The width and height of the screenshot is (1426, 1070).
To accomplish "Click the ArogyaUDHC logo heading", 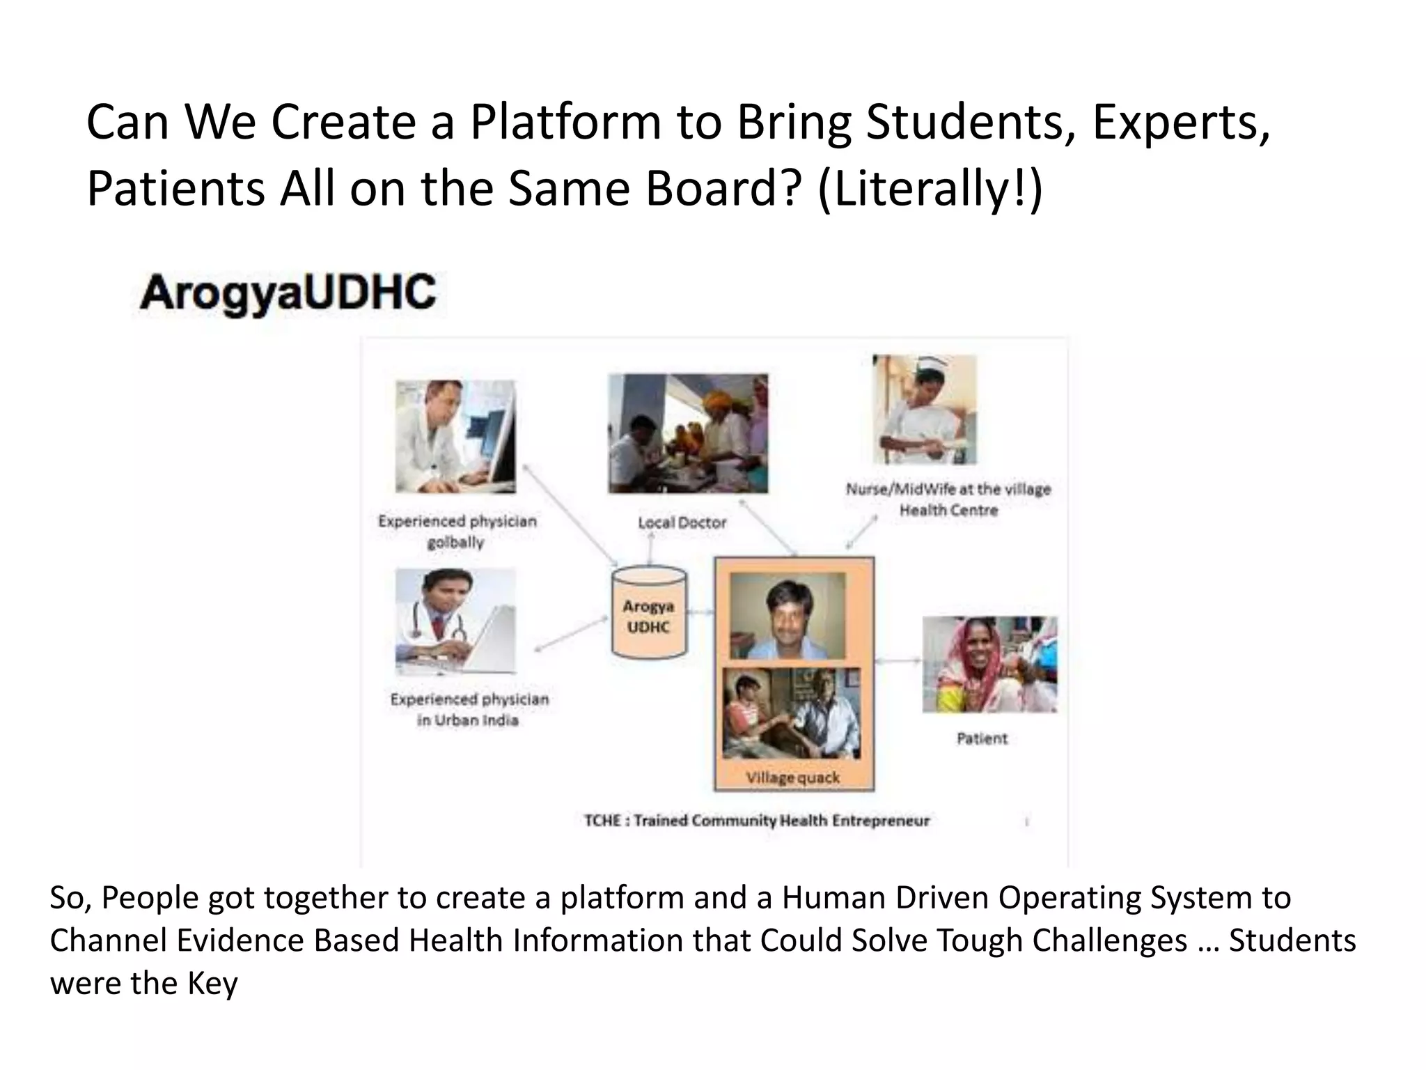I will (x=288, y=293).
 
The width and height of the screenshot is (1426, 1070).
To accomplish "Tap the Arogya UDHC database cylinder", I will (x=649, y=613).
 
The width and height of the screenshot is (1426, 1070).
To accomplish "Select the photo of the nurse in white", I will (x=925, y=410).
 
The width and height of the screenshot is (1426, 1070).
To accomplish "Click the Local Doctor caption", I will (x=682, y=522).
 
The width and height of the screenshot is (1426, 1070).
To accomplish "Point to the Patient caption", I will (x=982, y=738).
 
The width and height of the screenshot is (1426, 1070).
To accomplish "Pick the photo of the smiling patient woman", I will (x=989, y=665).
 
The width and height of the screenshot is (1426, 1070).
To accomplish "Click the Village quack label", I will (x=793, y=777).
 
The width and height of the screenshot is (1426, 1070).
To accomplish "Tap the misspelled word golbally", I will (x=455, y=543).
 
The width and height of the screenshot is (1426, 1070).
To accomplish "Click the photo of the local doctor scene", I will (x=688, y=433).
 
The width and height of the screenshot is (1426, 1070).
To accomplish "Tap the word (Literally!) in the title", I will (x=930, y=189).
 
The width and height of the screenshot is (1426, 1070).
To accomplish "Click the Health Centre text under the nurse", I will (x=948, y=511).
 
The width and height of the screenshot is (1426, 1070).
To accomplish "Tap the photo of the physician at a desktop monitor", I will (x=455, y=437).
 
